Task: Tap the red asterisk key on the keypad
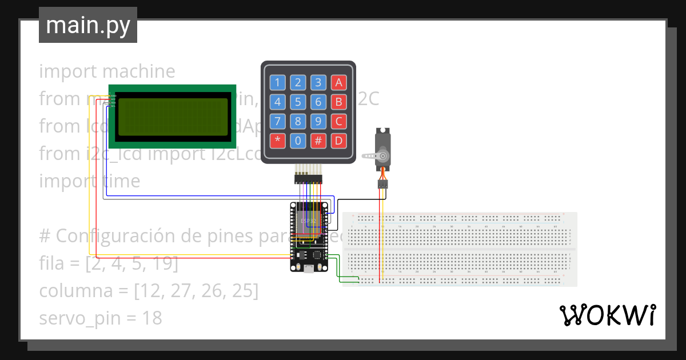(x=278, y=140)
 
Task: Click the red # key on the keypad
(x=318, y=140)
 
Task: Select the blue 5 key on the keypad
(x=298, y=102)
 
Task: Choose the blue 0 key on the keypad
(x=298, y=140)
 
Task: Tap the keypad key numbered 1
(x=278, y=83)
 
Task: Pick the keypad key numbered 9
(x=318, y=121)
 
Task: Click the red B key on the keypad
(x=338, y=102)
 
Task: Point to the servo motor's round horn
(x=383, y=155)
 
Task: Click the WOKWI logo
(x=607, y=315)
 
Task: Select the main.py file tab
(x=88, y=25)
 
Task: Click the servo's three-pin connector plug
(x=382, y=185)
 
